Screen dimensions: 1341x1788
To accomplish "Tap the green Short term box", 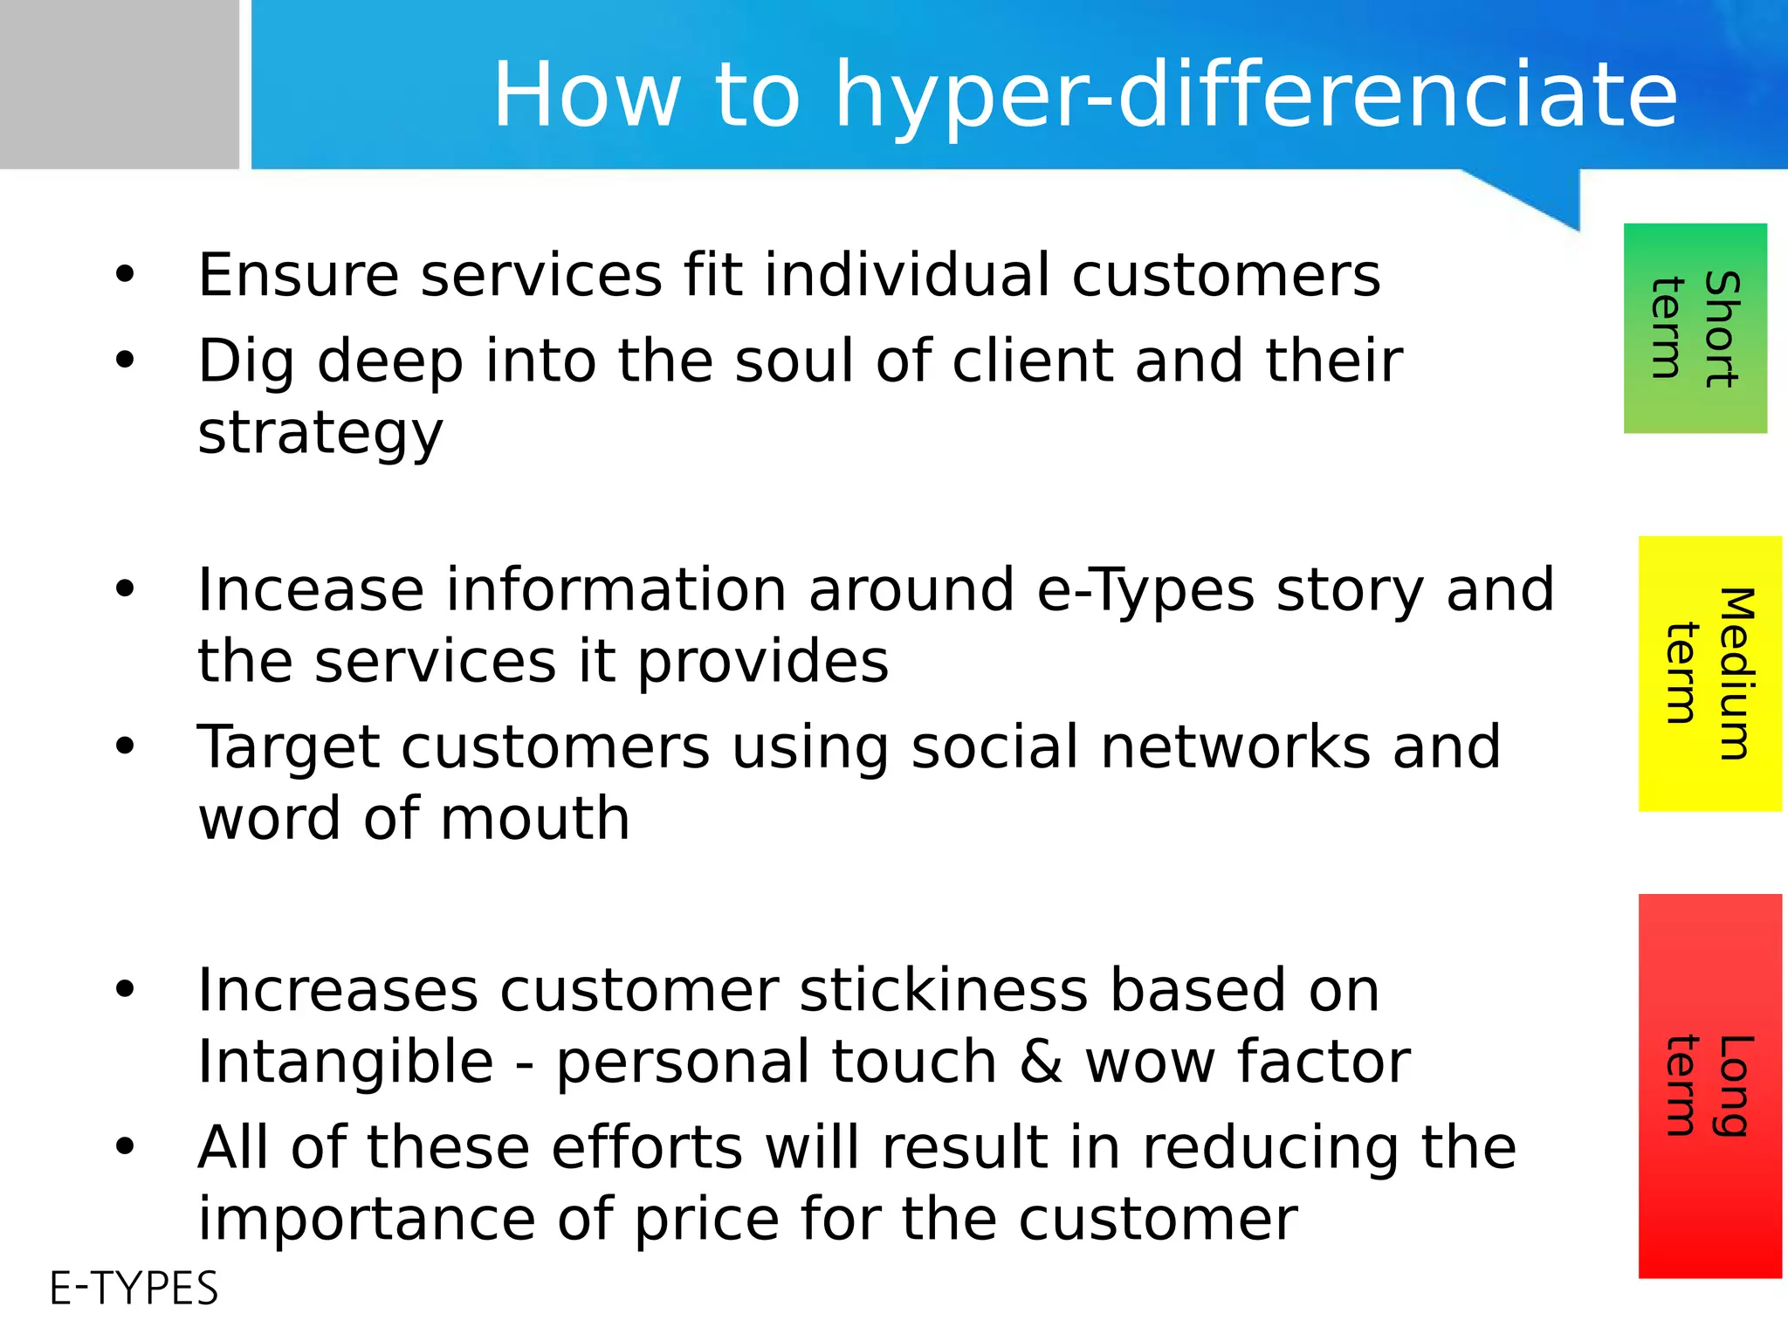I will (1695, 328).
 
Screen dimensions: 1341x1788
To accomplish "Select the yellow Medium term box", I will (1709, 673).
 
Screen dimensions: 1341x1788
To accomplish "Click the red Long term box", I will (1709, 1085).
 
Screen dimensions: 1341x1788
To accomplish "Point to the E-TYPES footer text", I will (134, 1289).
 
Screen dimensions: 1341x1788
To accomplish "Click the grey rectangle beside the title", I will (119, 84).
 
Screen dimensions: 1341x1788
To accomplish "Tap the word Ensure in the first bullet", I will (298, 275).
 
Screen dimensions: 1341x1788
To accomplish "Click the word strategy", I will (320, 434).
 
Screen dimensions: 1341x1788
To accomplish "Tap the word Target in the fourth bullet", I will (288, 748).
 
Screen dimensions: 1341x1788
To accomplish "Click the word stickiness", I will (943, 990).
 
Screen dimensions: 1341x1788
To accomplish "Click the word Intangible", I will (346, 1062).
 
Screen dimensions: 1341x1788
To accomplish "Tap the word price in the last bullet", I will (706, 1220).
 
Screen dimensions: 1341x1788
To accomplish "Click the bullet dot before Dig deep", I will (125, 359).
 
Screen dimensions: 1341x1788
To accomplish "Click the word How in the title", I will (587, 94).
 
